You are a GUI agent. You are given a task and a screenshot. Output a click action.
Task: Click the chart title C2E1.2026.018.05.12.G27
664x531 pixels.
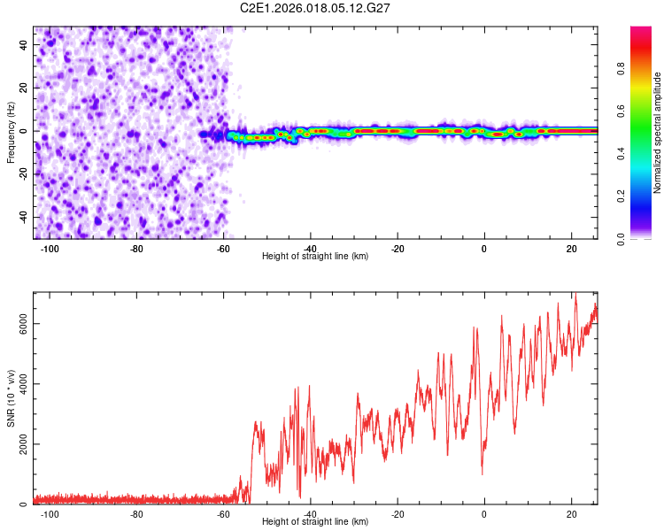tap(315, 8)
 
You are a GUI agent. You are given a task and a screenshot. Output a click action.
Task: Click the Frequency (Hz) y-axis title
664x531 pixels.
tap(11, 132)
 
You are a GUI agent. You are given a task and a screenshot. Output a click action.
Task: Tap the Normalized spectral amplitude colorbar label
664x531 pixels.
tap(658, 133)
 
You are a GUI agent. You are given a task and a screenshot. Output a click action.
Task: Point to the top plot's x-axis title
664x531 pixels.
tap(315, 256)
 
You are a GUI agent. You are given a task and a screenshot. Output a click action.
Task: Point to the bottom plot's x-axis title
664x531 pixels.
tap(315, 521)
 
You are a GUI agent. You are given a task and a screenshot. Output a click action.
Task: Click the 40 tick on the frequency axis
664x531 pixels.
tap(24, 45)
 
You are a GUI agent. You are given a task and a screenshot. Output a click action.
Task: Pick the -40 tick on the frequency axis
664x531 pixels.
tap(22, 217)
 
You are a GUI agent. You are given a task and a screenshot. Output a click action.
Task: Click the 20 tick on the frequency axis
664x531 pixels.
tap(24, 88)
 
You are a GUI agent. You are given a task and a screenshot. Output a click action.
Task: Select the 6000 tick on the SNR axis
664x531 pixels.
tap(24, 324)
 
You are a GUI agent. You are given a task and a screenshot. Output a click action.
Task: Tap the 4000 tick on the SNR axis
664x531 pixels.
tap(24, 384)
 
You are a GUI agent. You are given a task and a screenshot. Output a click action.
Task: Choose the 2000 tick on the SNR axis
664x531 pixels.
tap(24, 444)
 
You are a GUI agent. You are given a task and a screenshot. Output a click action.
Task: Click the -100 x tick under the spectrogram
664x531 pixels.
tap(50, 248)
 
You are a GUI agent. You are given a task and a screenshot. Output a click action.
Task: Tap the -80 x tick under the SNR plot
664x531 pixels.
tap(136, 513)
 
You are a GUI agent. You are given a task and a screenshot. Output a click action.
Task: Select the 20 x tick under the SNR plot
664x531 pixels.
tap(571, 513)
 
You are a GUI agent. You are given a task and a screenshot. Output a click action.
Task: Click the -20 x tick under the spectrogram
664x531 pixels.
tap(398, 248)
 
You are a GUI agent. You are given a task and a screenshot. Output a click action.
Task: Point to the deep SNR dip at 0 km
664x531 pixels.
tap(483, 473)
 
